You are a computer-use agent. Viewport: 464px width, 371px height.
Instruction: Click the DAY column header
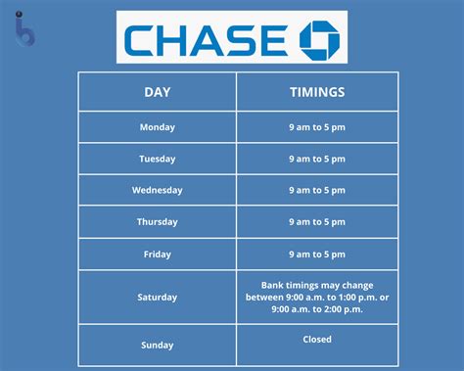click(157, 91)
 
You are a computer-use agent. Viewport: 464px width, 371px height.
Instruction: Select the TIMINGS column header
click(316, 91)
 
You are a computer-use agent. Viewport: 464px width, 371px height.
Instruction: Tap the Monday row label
click(157, 127)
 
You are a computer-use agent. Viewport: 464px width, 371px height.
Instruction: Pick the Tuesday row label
click(157, 159)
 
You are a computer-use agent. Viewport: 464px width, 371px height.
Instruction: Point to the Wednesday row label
click(157, 190)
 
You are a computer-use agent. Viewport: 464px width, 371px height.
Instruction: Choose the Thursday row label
click(157, 222)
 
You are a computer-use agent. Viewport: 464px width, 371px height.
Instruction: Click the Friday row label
click(157, 254)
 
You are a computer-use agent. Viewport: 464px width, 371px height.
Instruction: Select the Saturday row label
click(157, 297)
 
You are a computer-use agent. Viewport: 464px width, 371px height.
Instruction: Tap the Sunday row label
click(157, 345)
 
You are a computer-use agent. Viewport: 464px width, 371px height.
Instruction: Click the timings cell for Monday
click(316, 127)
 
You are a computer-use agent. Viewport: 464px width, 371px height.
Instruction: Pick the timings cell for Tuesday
click(316, 159)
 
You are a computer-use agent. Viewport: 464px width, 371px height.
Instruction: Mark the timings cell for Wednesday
click(316, 190)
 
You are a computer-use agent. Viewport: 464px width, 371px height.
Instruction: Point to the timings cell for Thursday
click(316, 222)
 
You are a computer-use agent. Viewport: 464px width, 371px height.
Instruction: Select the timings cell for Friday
click(316, 254)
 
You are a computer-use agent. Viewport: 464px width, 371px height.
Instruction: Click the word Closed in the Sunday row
click(316, 340)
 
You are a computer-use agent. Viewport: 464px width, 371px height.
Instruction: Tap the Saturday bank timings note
click(316, 297)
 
